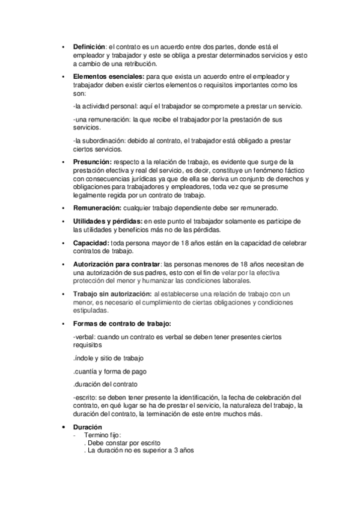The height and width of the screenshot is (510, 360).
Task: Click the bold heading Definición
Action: pos(89,46)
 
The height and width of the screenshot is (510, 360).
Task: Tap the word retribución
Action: pos(139,63)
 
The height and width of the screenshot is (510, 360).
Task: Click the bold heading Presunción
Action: pos(92,162)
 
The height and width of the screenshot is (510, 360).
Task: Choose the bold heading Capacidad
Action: pos(91,243)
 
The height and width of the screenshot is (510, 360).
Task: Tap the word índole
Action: pos(85,358)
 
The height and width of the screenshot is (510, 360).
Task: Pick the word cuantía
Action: pos(87,371)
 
